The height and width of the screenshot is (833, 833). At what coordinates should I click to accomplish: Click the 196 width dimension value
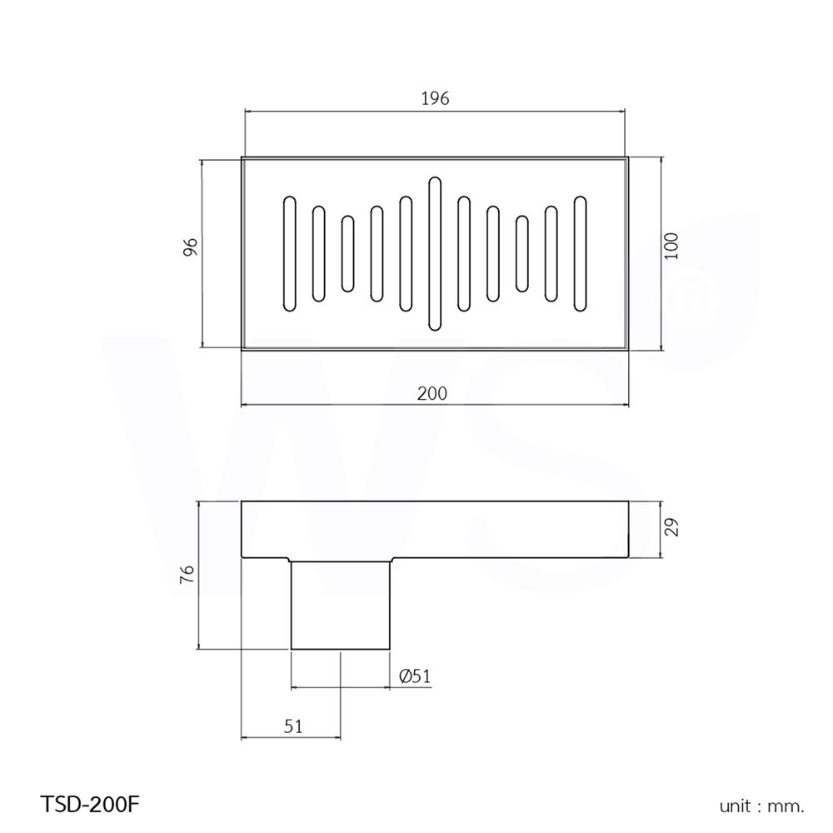(x=434, y=98)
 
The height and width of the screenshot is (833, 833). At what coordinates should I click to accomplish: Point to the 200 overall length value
(x=433, y=392)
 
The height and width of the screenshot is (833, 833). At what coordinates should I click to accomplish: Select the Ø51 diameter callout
(x=414, y=676)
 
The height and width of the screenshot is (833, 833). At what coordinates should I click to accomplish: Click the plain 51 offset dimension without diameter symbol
(x=292, y=726)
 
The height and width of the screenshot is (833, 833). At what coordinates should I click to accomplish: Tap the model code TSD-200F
(x=89, y=805)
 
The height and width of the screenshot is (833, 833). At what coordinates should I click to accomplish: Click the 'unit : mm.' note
(x=761, y=806)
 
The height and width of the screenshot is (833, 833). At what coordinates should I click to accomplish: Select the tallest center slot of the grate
(x=434, y=253)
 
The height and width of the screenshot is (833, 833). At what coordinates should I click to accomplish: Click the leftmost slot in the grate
(x=290, y=254)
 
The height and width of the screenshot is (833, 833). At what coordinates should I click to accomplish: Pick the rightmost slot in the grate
(x=580, y=254)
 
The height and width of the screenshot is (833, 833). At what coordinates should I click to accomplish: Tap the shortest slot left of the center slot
(x=347, y=254)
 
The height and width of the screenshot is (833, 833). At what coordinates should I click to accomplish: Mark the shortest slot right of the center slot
(x=522, y=254)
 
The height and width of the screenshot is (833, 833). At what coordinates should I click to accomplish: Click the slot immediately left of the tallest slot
(x=406, y=254)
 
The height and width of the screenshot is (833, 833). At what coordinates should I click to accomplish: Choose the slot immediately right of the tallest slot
(x=464, y=254)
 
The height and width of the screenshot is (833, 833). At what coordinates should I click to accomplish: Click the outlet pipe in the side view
(x=341, y=605)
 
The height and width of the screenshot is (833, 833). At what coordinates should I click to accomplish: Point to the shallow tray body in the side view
(x=500, y=530)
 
